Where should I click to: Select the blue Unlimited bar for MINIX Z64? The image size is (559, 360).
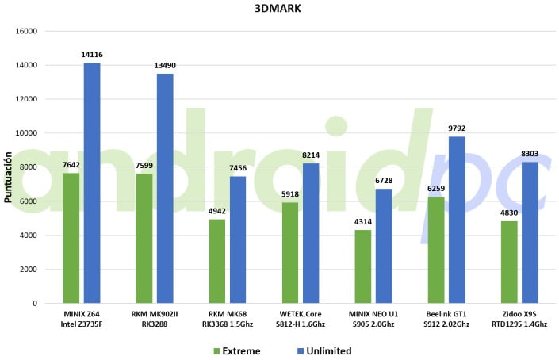click(92, 182)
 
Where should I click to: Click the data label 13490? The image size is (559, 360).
click(165, 66)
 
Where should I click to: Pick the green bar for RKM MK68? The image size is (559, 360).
click(217, 261)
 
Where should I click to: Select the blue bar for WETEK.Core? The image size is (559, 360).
click(311, 233)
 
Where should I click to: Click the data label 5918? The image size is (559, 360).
click(290, 194)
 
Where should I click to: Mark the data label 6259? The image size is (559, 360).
click(436, 188)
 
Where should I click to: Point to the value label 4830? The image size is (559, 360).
click(509, 213)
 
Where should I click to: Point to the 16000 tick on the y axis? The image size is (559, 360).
click(25, 31)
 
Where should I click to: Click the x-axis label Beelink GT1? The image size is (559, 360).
click(446, 315)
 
